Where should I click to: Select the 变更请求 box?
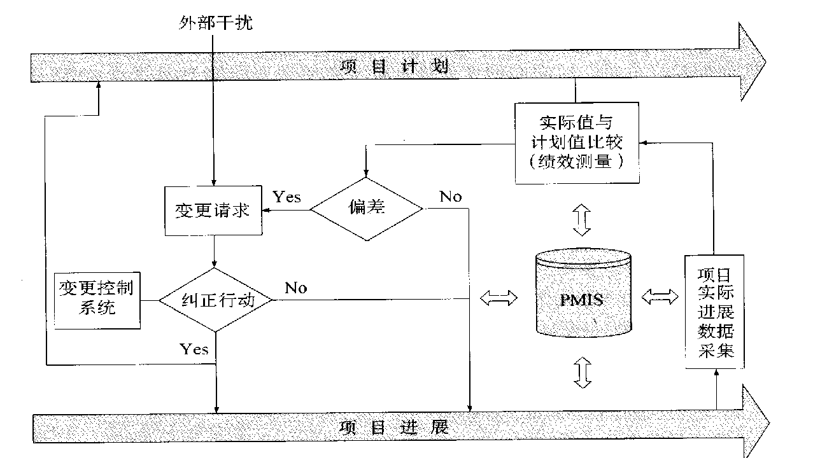pos(213,211)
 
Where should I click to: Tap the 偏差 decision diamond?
pos(367,208)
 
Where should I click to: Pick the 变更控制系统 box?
pos(97,300)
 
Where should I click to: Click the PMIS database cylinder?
pos(584,296)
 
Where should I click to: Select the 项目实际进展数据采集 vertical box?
pos(715,312)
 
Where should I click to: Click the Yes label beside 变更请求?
pos(286,197)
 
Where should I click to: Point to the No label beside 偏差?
pos(451,197)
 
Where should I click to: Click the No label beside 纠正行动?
pos(295,288)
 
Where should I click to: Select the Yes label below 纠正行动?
pos(194,349)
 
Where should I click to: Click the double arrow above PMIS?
pos(583,219)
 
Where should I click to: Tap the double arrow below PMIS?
pos(583,371)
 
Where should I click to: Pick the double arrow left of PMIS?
pos(499,298)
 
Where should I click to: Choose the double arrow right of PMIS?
pos(661,296)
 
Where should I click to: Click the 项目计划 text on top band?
pos(395,67)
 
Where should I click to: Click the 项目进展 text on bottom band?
pos(395,426)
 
